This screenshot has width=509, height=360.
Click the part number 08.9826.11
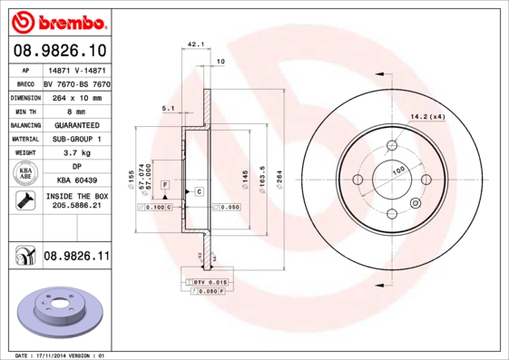76,257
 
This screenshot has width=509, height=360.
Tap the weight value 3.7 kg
76,153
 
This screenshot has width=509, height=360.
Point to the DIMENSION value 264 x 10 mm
76,96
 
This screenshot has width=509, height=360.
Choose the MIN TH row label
24,111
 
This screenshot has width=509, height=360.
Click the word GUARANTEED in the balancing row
76,124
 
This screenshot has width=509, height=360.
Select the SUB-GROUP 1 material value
76,139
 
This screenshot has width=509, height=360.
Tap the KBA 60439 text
76,181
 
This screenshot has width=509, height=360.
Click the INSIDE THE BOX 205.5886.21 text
76,201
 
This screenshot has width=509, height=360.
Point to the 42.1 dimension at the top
194,44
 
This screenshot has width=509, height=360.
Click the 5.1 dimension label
168,109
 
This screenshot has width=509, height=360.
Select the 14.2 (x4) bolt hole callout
427,116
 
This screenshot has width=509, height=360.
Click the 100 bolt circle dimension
396,170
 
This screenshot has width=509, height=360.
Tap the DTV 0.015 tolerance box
203,283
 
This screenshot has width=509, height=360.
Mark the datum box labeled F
165,185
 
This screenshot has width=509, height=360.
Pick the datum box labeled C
198,191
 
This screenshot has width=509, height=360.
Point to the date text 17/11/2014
62,355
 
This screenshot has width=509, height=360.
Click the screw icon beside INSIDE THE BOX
23,201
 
